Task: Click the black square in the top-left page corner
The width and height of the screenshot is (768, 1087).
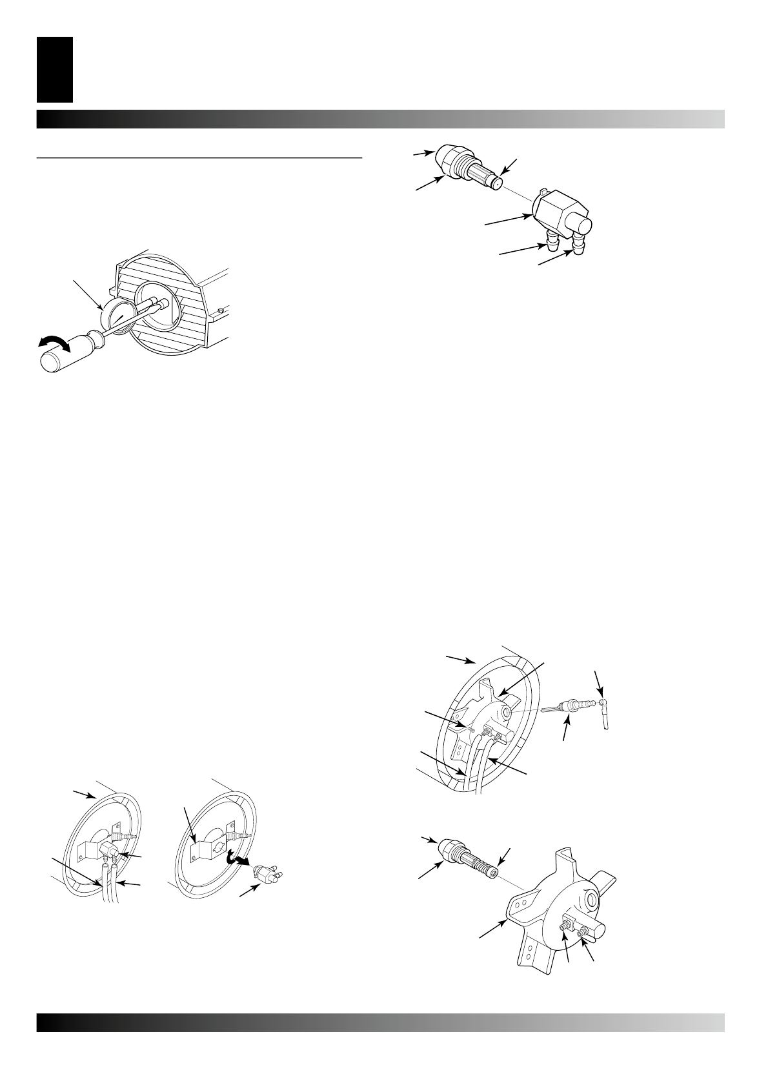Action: click(x=55, y=69)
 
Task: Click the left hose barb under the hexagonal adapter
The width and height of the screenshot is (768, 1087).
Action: click(x=552, y=243)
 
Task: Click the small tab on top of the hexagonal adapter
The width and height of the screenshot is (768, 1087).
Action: click(x=543, y=192)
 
